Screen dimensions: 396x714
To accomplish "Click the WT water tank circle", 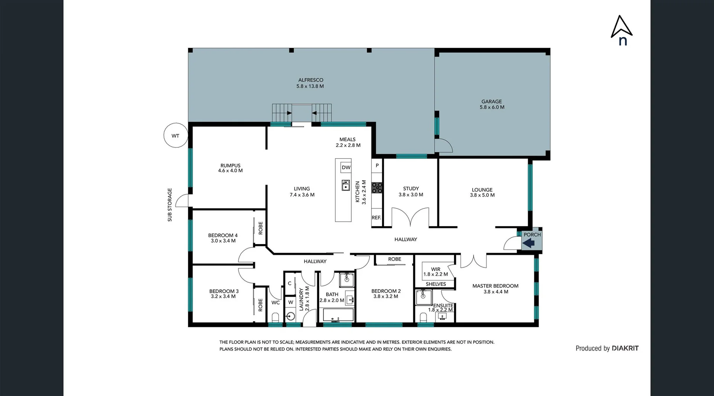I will (176, 135).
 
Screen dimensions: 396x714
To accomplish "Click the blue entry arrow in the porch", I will (528, 243).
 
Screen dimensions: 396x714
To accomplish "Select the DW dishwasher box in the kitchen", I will (346, 167).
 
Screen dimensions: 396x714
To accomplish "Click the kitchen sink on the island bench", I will (346, 185).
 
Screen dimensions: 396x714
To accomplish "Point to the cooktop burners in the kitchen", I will (377, 188).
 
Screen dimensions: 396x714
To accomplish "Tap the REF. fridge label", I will (376, 218).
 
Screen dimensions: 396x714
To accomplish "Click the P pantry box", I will (377, 166).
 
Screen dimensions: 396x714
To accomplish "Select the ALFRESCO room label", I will (311, 80).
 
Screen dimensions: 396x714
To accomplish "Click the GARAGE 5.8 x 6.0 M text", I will (492, 104).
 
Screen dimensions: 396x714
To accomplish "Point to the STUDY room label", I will (411, 189).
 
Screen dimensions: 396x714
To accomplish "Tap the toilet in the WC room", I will (276, 317).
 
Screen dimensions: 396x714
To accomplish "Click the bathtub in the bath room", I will (338, 316).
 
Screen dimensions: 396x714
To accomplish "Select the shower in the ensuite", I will (424, 297).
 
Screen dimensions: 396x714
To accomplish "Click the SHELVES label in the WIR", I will (435, 284).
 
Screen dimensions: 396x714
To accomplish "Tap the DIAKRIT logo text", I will (625, 348).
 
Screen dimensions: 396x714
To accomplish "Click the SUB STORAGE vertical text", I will (170, 205).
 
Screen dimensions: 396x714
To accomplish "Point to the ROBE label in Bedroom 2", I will (395, 259).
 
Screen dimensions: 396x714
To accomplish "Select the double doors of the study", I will (411, 218).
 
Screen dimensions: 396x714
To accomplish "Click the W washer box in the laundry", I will (290, 302).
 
